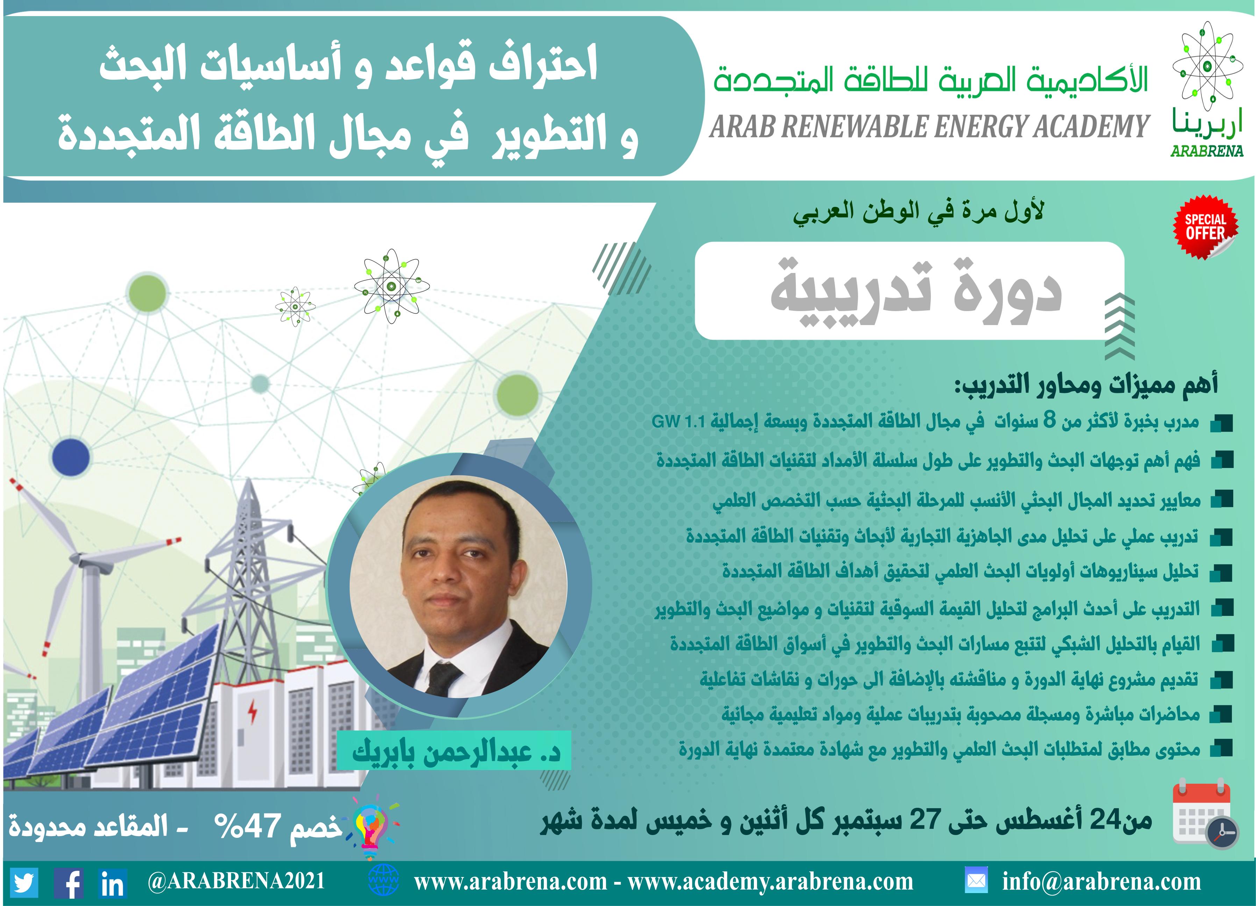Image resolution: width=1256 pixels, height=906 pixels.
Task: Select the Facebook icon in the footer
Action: (69, 883)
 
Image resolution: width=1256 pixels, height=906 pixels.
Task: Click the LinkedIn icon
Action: (113, 883)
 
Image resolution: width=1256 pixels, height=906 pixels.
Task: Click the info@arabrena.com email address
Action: (1101, 882)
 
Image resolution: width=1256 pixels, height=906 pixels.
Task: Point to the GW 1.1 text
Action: (678, 422)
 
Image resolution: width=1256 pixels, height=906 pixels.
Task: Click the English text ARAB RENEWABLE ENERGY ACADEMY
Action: (930, 126)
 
